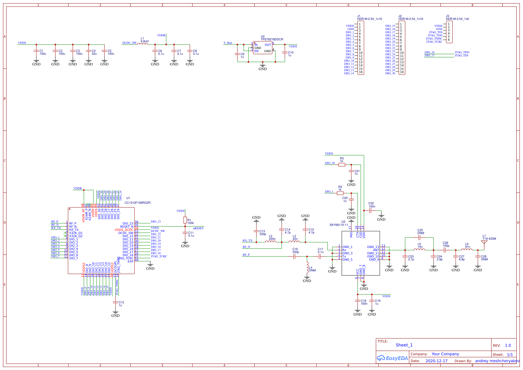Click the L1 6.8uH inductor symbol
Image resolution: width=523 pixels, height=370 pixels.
(143, 44)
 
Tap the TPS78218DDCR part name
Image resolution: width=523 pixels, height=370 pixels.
(272, 40)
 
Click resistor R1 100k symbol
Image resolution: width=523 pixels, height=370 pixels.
(185, 220)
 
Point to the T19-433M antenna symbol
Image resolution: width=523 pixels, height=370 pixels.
(484, 243)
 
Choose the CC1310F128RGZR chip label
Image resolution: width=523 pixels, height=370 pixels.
(137, 203)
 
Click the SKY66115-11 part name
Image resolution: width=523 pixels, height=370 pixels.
(339, 225)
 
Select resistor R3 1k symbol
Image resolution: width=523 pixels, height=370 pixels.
(342, 164)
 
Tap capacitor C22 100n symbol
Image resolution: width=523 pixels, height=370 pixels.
(370, 211)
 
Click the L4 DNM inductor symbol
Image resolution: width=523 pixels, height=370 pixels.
(307, 268)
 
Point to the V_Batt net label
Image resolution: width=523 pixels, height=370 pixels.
(228, 43)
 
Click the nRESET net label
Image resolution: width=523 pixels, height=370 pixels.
(198, 228)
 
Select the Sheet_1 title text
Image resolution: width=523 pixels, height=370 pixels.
(404, 345)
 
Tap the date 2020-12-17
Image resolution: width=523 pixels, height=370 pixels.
(436, 361)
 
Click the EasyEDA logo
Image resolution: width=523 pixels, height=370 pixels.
(392, 358)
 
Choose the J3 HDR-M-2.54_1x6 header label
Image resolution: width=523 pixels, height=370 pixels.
(457, 19)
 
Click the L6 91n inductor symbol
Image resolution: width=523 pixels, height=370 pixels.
(467, 250)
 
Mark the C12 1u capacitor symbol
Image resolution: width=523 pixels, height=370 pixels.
(115, 302)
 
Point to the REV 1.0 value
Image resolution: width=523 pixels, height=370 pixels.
(508, 345)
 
